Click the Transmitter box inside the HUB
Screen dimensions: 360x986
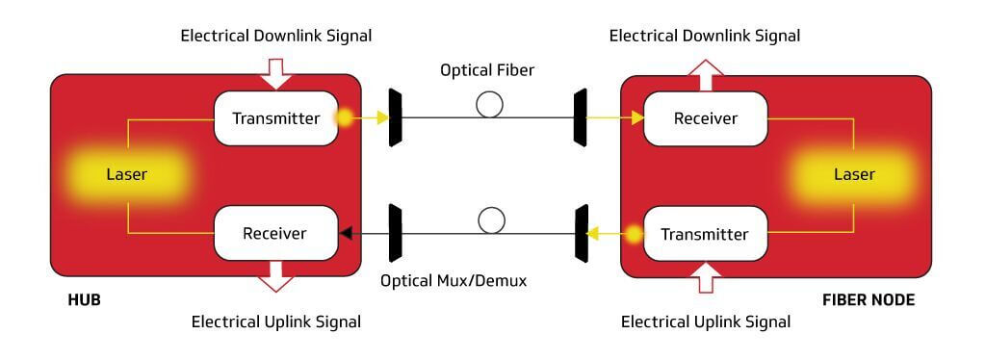[x=275, y=118]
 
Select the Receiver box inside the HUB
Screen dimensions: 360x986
[x=275, y=233]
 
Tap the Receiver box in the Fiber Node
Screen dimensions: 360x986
[x=705, y=118]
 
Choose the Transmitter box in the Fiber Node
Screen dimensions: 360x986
[x=705, y=234]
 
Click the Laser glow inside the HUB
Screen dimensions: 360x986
[x=126, y=175]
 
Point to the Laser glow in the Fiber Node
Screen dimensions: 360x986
[x=853, y=175]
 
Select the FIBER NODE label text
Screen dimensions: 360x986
[x=868, y=300]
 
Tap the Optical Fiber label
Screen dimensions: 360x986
[x=487, y=70]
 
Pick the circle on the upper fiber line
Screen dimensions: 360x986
[x=490, y=104]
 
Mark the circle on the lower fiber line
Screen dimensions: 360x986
[x=492, y=220]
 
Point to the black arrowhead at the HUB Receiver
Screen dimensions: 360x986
[x=346, y=233]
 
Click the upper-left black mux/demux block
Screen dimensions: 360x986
[x=395, y=117]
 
